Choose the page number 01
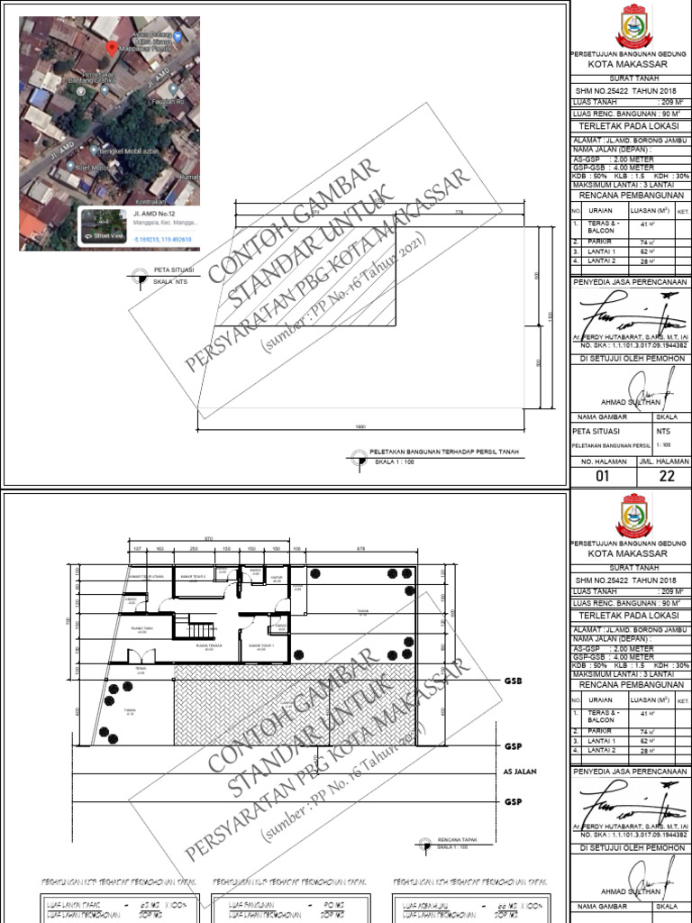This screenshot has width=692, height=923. point(603,478)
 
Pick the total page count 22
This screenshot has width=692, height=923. point(667,478)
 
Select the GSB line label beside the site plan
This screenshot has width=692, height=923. point(514,682)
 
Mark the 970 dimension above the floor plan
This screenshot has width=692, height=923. point(209,538)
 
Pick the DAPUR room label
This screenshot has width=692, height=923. point(279,579)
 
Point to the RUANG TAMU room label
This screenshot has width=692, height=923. point(209,645)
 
